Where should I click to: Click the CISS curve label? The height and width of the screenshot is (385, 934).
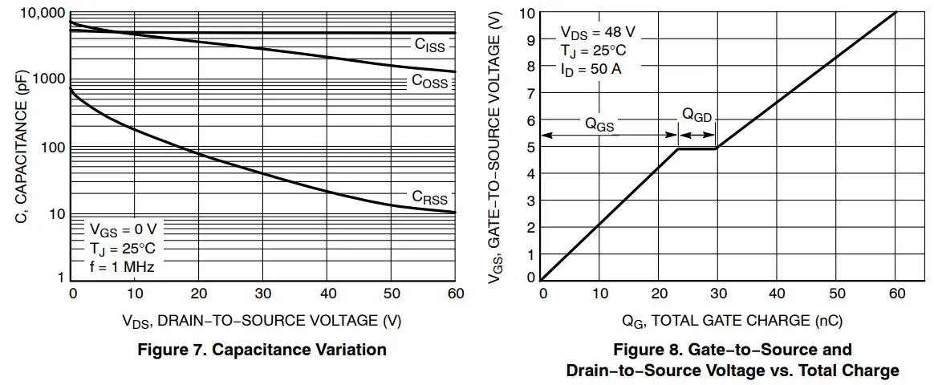tap(429, 46)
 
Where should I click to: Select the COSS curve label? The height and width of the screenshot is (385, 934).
tap(429, 81)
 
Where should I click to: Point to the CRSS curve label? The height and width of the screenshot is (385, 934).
tap(429, 197)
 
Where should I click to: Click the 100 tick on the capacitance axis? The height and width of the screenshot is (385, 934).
tap(51, 148)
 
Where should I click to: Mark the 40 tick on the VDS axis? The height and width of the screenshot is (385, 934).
tap(328, 294)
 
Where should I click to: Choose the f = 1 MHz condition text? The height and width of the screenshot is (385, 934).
tap(121, 266)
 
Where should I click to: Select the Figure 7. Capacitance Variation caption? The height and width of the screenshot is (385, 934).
tap(262, 350)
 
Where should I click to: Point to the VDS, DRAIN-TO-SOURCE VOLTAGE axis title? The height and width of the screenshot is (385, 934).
tap(262, 321)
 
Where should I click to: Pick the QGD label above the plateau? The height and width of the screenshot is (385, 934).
tap(696, 115)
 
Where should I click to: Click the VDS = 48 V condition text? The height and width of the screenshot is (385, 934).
tap(598, 33)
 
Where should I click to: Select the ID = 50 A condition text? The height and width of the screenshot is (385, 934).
tap(591, 69)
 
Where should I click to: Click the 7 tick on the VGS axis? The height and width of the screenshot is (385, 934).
tap(530, 94)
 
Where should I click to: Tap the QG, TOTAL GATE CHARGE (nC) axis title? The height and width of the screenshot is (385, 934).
tap(732, 321)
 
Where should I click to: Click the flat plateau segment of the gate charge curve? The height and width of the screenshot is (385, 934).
tap(696, 148)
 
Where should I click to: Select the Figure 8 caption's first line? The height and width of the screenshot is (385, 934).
tap(732, 350)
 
